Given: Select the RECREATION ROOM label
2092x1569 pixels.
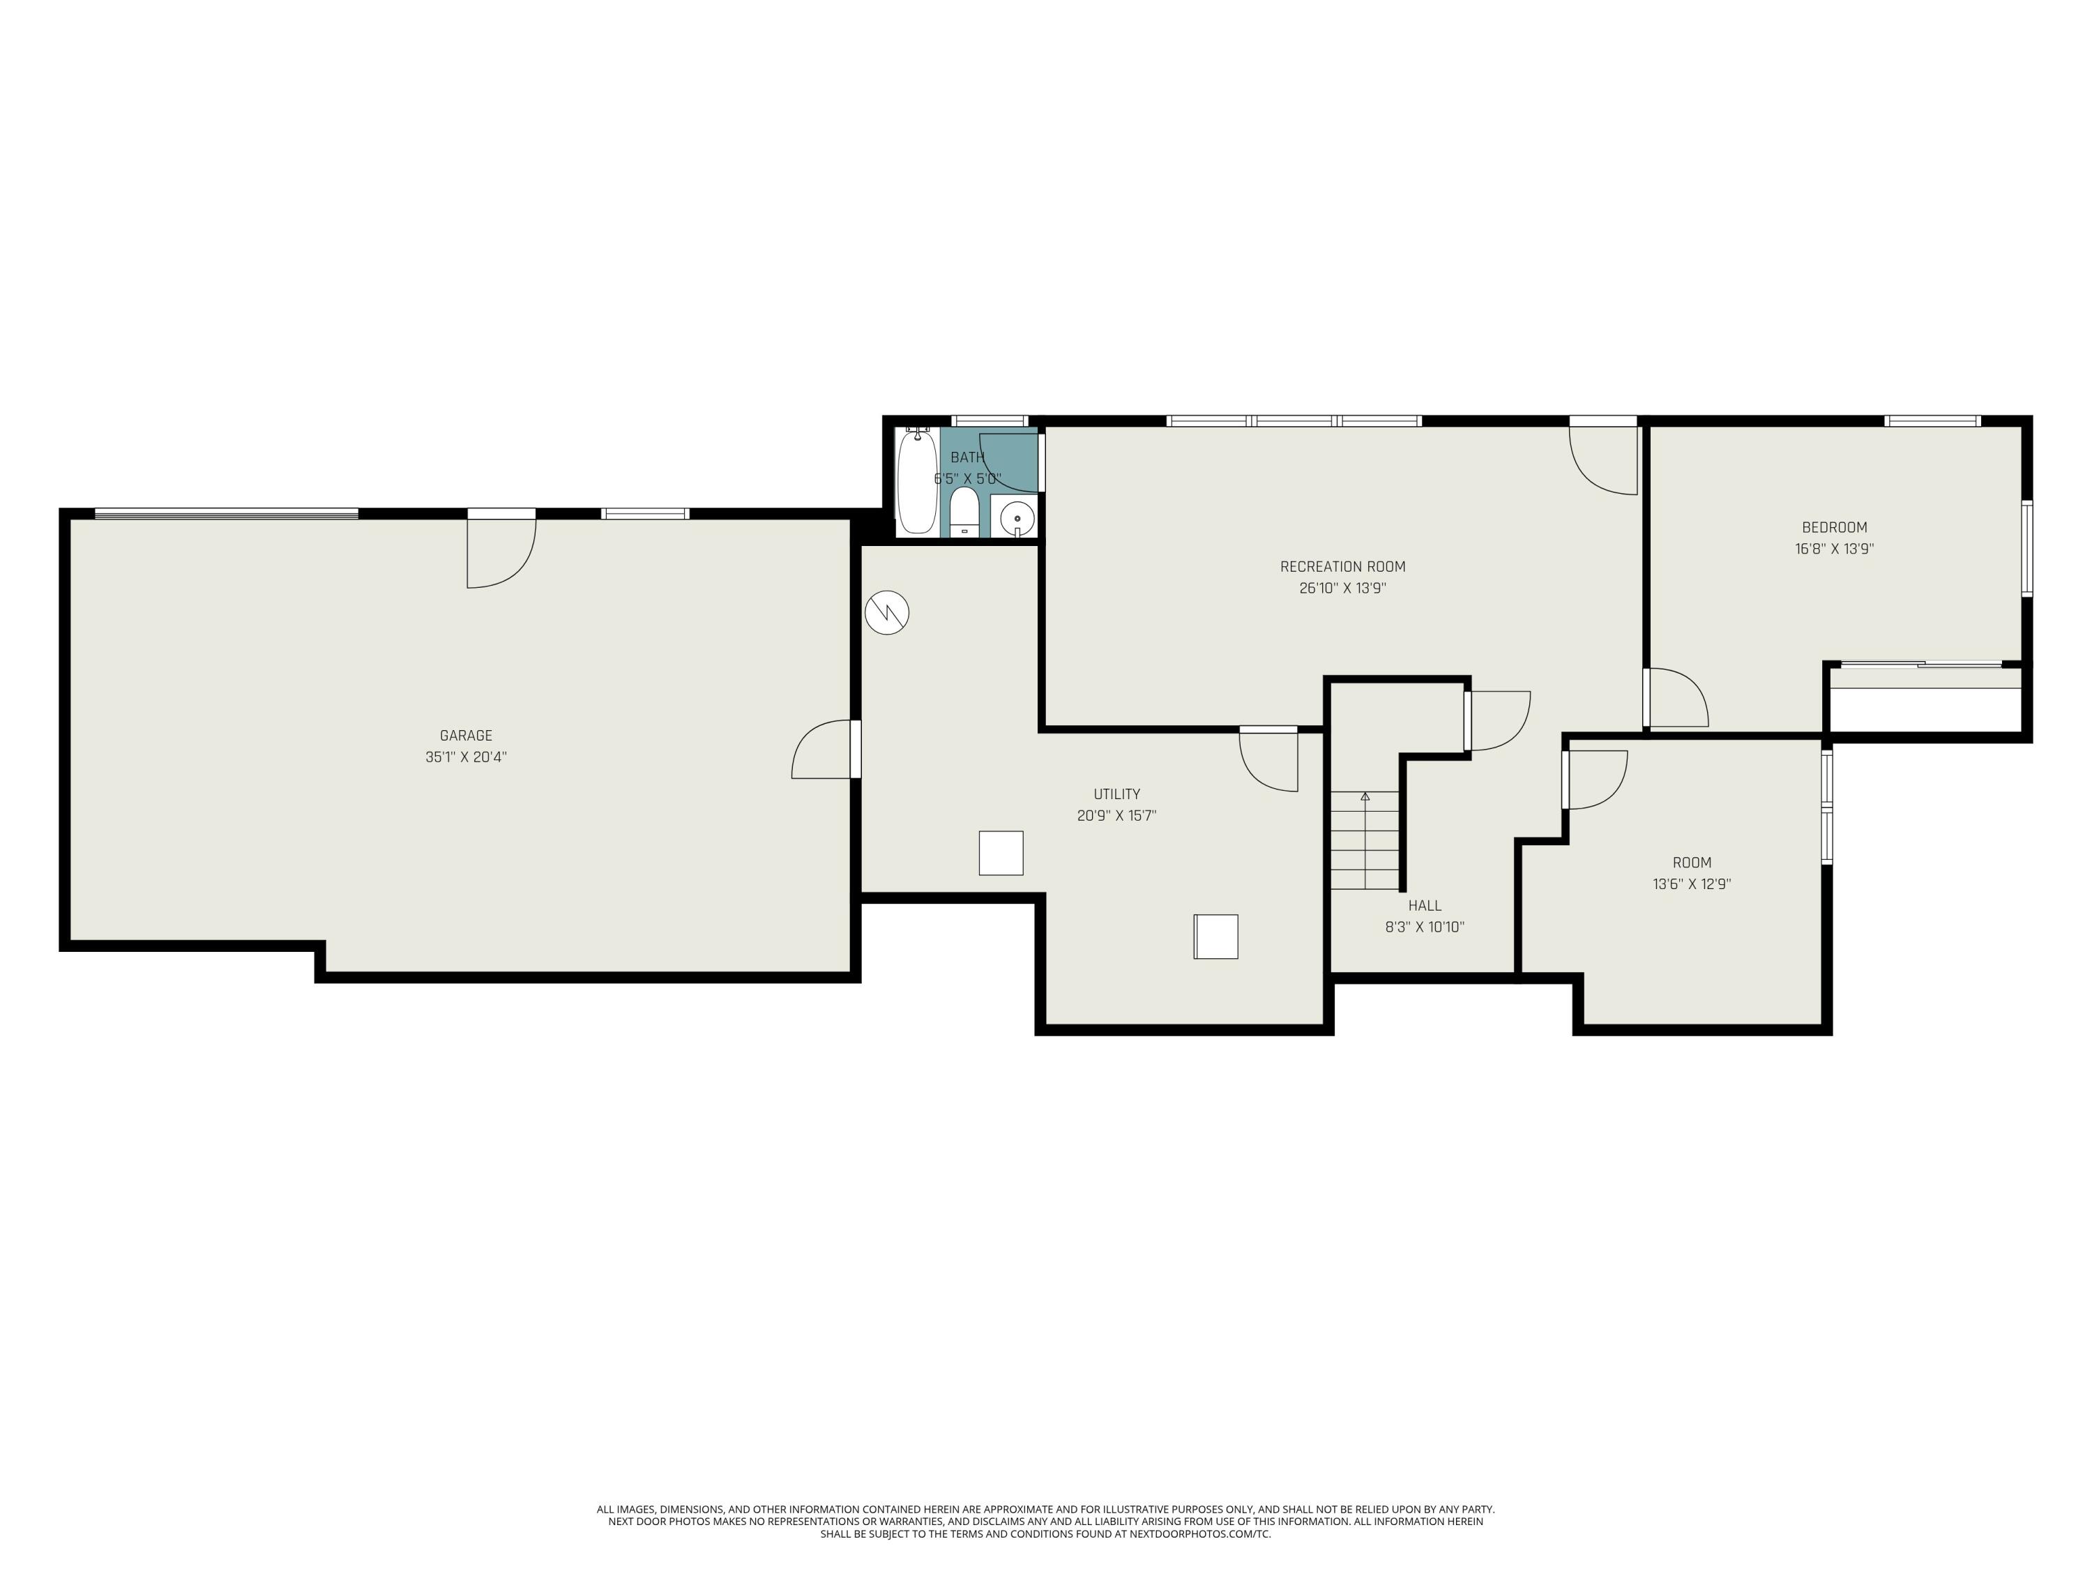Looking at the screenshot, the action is click(1342, 566).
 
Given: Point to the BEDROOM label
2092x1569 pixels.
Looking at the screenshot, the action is click(1834, 528).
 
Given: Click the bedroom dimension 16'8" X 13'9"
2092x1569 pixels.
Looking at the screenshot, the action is click(1834, 549).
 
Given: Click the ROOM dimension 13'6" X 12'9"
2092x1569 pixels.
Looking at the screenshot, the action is click(1691, 884).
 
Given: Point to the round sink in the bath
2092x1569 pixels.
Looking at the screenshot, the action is click(1017, 518).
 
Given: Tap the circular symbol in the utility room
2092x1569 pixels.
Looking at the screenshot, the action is click(886, 613).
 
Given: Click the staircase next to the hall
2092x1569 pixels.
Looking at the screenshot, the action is click(1365, 840).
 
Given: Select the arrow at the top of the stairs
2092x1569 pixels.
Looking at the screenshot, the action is click(1365, 797).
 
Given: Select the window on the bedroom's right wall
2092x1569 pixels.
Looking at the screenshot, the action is click(2026, 549).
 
